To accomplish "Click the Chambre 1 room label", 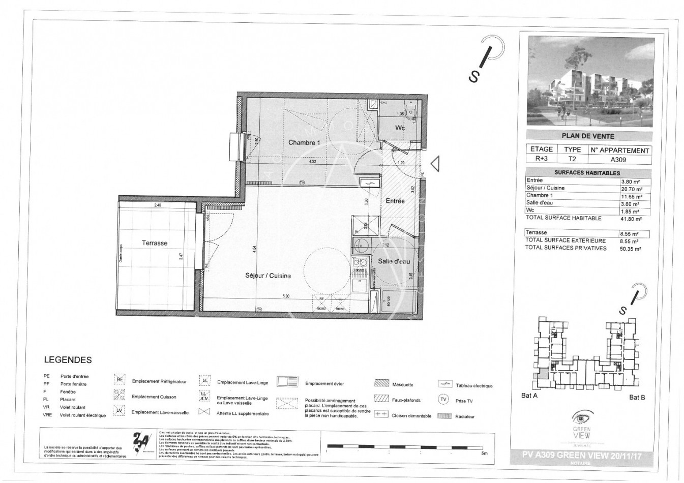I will point(304,143).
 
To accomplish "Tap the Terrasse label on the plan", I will point(155,243).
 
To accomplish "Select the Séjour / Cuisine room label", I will point(268,276).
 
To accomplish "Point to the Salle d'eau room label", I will point(394,261).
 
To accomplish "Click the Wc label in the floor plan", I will point(400,128).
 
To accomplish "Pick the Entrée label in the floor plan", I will point(395,201).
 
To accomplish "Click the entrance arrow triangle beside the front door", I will point(435,164).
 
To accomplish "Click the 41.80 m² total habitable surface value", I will point(631,219).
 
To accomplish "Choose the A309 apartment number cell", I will point(618,159).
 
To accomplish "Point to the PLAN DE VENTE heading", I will point(588,136).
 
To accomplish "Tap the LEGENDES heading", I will point(68,360).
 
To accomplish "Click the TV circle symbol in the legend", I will point(443,400).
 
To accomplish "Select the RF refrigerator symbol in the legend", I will point(120,379).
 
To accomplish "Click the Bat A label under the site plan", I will point(529,397).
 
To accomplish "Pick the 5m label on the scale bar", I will point(484,454).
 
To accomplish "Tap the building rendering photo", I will point(589,81).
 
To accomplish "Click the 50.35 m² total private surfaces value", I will point(631,249).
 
